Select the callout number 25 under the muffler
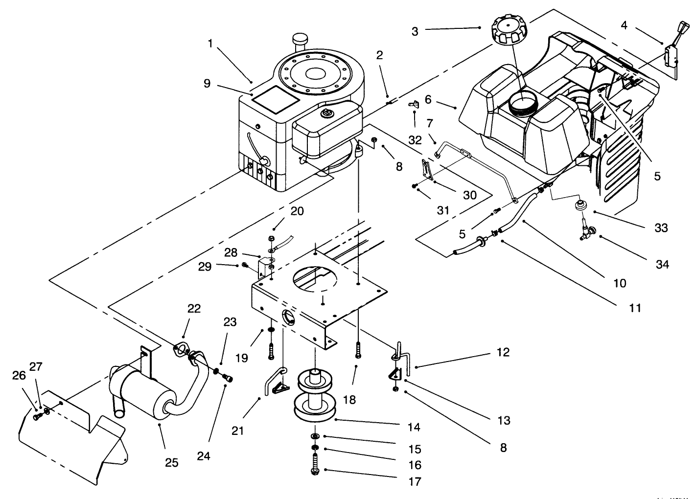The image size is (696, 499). pos(171,462)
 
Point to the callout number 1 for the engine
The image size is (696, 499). pos(210,44)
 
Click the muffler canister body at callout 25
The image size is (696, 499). pos(142,391)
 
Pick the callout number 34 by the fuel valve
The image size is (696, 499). pos(662,265)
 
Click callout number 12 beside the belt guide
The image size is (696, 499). pos(503,352)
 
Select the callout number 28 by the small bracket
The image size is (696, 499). pos(231,252)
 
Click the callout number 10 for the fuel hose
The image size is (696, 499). pos(620,283)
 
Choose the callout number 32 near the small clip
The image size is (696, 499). pos(415,140)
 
